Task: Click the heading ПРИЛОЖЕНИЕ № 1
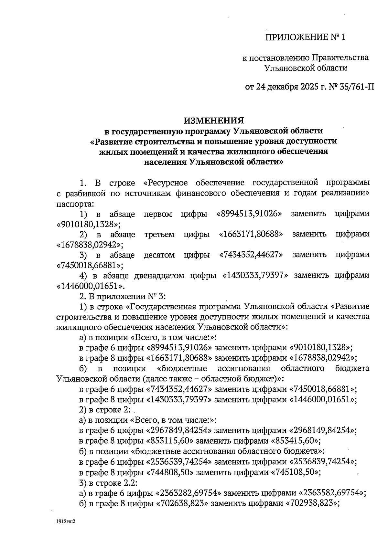point(305,37)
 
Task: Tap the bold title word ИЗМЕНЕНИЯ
point(214,121)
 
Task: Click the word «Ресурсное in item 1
point(166,183)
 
